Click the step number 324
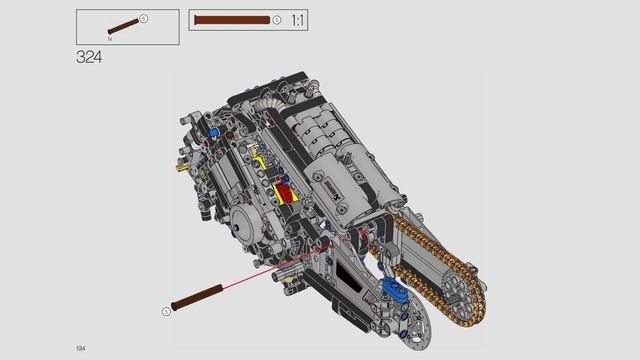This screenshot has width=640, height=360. click(x=89, y=57)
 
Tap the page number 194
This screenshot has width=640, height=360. click(x=80, y=347)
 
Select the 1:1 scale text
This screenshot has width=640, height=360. click(x=298, y=20)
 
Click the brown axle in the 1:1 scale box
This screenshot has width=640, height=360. click(x=232, y=20)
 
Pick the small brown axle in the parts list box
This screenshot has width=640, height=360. click(x=122, y=24)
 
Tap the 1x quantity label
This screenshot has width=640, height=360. click(x=110, y=37)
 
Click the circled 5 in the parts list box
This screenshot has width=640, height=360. click(x=143, y=18)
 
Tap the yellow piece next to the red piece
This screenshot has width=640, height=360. click(x=263, y=161)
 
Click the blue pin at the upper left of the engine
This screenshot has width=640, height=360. click(x=215, y=130)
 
